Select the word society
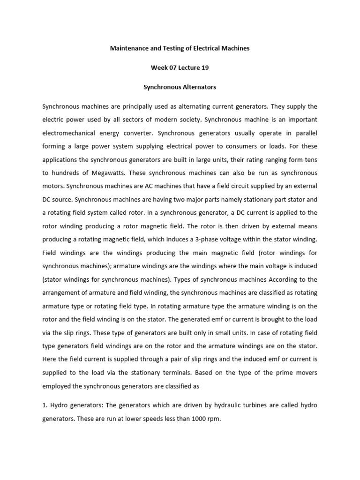(x=188, y=120)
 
